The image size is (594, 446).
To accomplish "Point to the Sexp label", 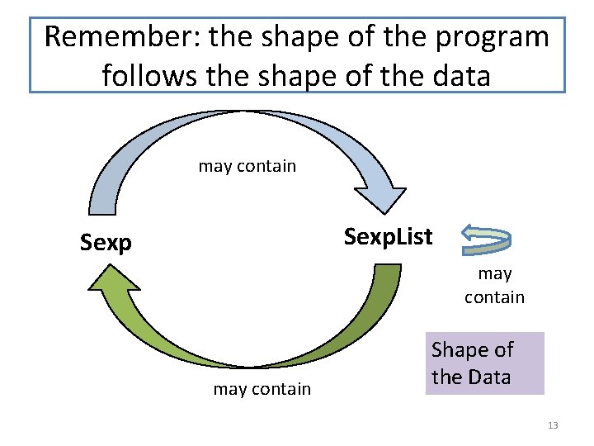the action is [106, 243].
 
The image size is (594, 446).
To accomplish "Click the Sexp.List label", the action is [388, 237].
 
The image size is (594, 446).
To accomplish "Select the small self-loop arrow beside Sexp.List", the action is [486, 238].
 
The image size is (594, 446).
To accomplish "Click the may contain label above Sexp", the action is [247, 166].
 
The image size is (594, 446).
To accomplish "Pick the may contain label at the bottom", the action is [262, 389].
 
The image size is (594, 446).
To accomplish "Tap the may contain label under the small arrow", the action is [494, 285].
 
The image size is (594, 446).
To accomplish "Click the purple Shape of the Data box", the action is [485, 363].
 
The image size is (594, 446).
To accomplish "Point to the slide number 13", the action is [553, 425].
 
